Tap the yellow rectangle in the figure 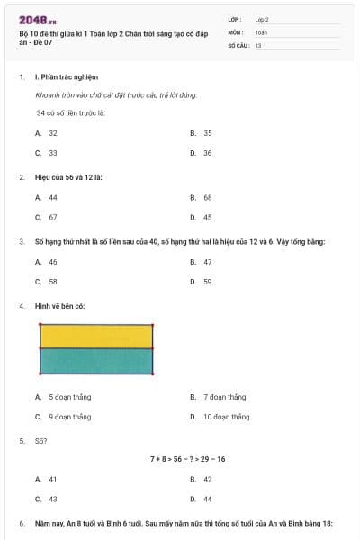(x=96, y=336)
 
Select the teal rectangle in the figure (x=96, y=360)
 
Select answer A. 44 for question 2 (x=47, y=197)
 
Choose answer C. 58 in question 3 (x=47, y=282)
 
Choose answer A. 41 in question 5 (x=47, y=480)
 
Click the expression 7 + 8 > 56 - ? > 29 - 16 (x=187, y=459)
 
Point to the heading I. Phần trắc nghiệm (x=66, y=77)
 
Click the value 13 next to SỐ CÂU (x=258, y=44)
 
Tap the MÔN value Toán (x=261, y=31)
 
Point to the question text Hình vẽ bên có (x=60, y=306)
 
